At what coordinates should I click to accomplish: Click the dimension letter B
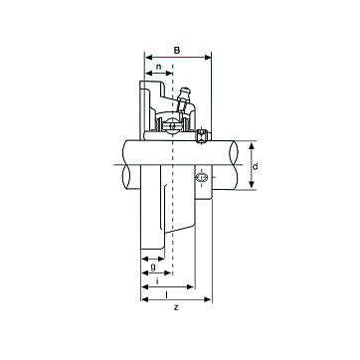click(177, 51)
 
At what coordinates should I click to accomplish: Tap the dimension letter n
click(159, 67)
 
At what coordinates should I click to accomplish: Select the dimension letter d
click(255, 166)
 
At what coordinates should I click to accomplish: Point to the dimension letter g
click(153, 268)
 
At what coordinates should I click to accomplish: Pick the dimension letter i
click(157, 281)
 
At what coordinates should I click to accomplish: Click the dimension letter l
click(166, 294)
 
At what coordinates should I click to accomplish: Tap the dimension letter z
click(176, 308)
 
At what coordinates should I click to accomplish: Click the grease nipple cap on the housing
click(185, 91)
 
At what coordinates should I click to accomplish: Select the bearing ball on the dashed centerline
click(173, 126)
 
